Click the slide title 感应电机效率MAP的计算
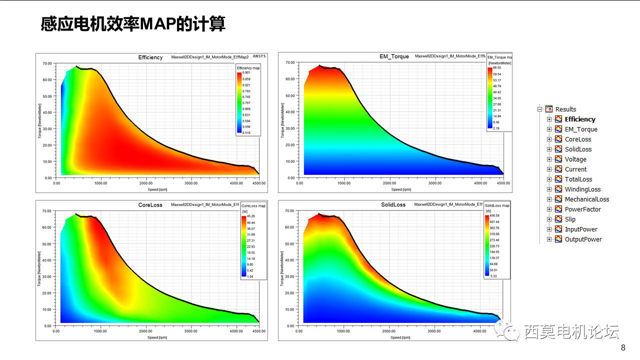133,23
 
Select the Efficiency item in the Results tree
580,119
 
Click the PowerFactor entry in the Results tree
582,209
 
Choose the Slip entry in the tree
570,219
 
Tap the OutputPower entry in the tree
583,239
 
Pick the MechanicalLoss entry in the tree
586,199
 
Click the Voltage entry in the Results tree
575,159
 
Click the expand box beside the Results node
540,109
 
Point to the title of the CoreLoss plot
150,205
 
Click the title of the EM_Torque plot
394,56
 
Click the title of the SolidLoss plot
393,205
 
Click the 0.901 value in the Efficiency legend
246,73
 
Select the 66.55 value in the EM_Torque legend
496,68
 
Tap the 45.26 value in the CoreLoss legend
251,216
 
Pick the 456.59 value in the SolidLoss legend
495,216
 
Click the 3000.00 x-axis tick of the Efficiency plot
191,183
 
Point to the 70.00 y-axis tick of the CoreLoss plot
47,211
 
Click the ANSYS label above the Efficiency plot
259,56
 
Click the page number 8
623,348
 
